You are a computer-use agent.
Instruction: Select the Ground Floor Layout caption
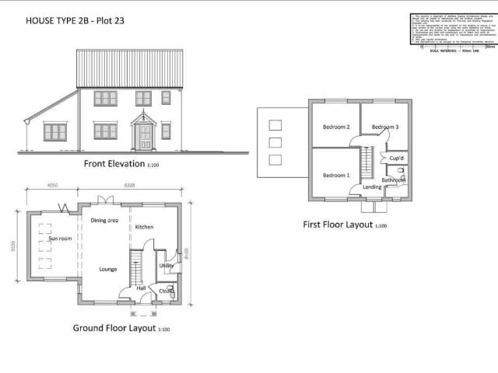(116, 328)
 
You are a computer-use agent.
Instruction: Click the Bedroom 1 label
(336, 175)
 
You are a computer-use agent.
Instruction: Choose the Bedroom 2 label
(336, 127)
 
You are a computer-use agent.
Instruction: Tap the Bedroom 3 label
(385, 127)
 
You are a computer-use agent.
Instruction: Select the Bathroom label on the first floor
(394, 180)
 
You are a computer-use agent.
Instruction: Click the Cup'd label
(395, 159)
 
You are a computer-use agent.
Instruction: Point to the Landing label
(372, 187)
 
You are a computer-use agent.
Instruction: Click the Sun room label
(59, 239)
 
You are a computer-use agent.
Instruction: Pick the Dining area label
(104, 221)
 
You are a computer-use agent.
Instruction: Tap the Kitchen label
(145, 227)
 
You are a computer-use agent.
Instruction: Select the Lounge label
(108, 269)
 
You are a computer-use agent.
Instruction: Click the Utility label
(166, 266)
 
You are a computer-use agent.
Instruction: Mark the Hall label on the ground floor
(142, 288)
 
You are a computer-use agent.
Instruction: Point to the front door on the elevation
(145, 136)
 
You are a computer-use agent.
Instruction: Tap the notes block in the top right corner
(452, 31)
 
